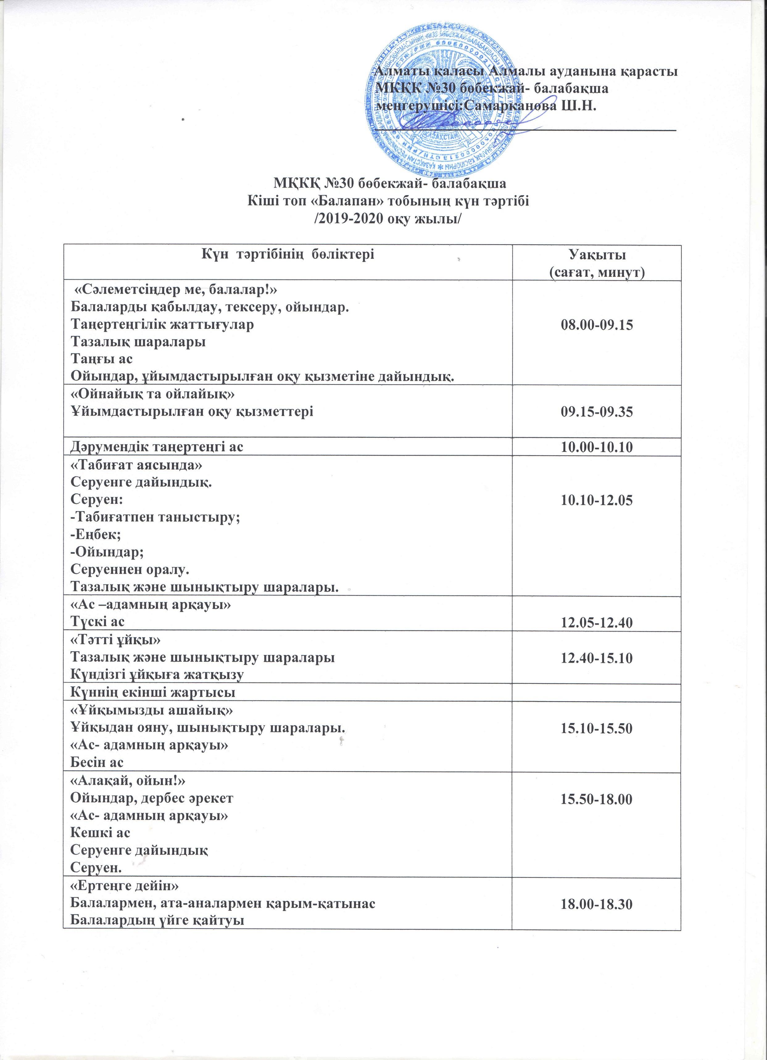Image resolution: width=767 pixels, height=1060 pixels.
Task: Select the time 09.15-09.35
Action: (597, 412)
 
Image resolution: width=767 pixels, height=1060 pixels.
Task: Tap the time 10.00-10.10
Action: (597, 447)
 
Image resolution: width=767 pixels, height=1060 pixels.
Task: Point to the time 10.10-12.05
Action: (597, 501)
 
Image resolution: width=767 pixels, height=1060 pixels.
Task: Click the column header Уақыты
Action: (597, 256)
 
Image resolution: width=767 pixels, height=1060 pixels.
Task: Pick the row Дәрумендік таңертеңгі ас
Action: (157, 447)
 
